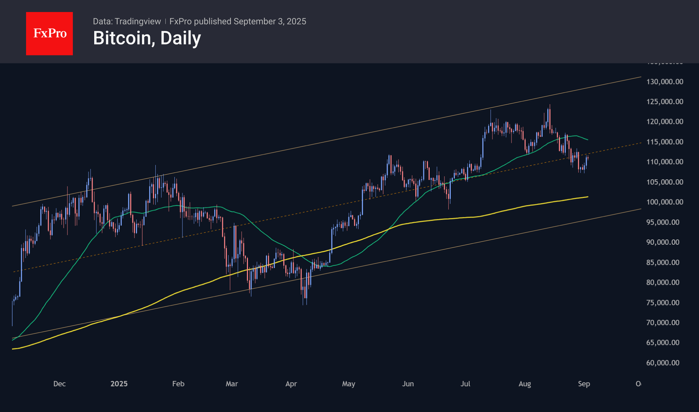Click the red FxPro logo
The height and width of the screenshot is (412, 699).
[49, 33]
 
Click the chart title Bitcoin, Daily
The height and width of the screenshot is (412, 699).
[147, 38]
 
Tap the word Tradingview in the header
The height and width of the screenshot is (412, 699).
[138, 21]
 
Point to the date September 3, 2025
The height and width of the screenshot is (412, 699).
[270, 21]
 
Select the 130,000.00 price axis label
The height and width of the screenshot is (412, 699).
[665, 82]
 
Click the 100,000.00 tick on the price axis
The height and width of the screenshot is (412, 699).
[665, 202]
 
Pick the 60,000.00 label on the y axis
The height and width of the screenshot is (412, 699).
[663, 363]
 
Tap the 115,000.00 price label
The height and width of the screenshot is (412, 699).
[665, 142]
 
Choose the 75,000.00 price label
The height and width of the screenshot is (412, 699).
[663, 303]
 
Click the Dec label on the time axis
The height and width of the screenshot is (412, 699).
[59, 384]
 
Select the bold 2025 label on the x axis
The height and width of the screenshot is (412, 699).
[119, 384]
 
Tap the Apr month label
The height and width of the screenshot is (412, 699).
[291, 384]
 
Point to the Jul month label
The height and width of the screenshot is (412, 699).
[465, 384]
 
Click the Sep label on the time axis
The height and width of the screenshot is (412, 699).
[584, 384]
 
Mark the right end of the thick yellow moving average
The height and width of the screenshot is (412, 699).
[588, 197]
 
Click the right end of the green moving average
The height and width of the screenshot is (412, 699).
[588, 140]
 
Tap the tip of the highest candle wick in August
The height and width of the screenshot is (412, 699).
[550, 105]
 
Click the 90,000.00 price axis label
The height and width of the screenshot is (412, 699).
[663, 242]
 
